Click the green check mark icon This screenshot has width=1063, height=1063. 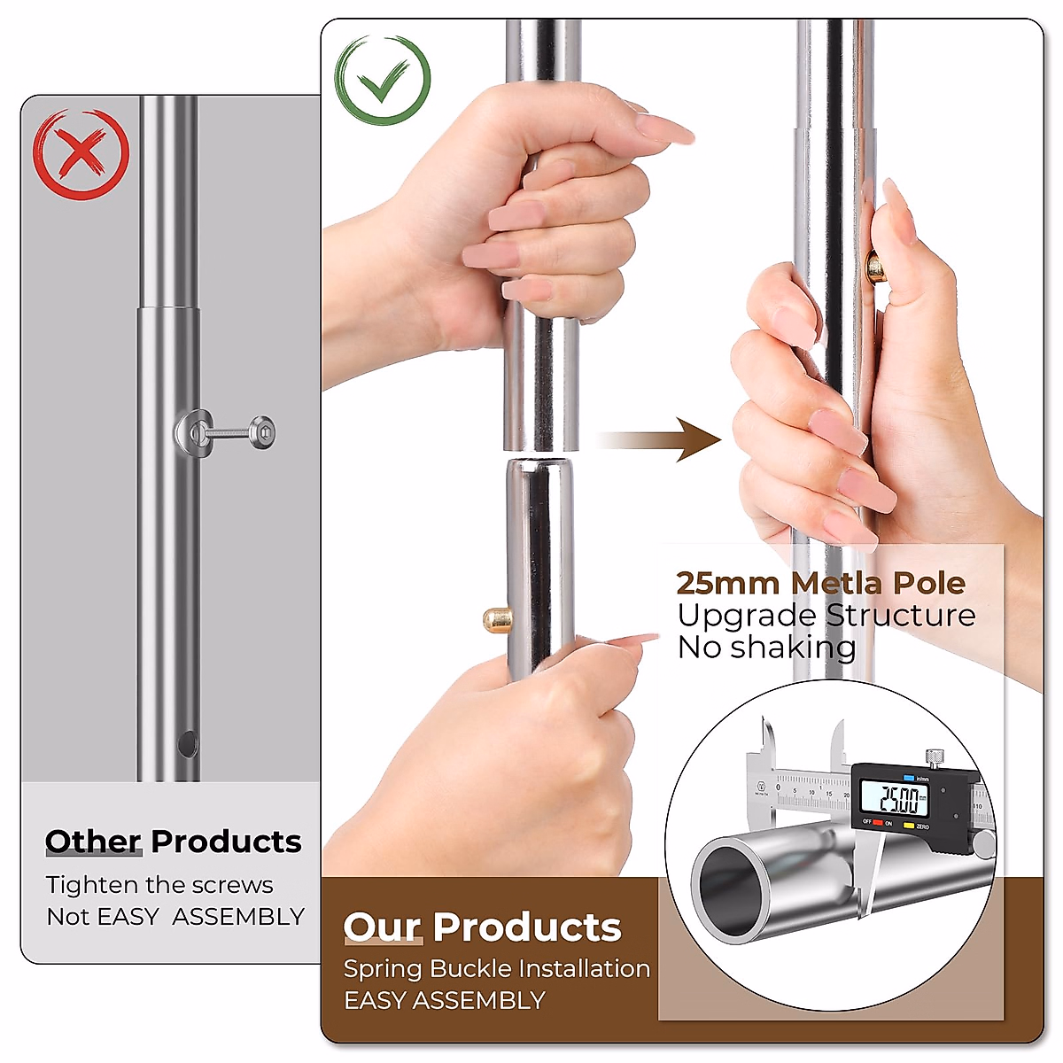click(383, 81)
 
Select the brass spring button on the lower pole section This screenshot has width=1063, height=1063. click(496, 618)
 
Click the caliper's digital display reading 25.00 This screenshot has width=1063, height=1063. click(899, 800)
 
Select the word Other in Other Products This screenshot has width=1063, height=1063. click(93, 841)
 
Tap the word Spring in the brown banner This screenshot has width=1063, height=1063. click(383, 969)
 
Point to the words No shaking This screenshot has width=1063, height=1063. click(766, 648)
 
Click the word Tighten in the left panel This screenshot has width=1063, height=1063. click(92, 885)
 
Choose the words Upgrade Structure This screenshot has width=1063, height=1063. click(826, 616)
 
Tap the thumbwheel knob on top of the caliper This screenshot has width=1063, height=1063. click(933, 757)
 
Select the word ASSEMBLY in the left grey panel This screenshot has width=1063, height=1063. click(238, 916)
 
